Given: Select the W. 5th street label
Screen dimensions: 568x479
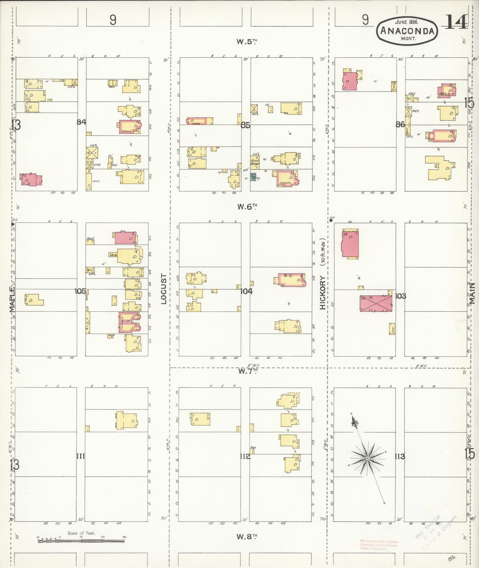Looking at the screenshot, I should [x=246, y=42].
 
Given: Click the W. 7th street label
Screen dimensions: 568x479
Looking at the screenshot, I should [x=247, y=371].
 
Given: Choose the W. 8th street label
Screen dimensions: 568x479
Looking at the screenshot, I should [x=247, y=537].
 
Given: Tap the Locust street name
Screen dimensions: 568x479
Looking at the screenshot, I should [x=164, y=289].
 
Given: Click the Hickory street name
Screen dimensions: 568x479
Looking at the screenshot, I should [x=323, y=292].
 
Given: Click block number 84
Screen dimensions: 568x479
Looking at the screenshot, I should [x=81, y=122].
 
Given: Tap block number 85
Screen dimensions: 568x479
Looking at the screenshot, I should [x=245, y=125].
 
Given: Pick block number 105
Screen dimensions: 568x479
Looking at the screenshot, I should [x=80, y=291].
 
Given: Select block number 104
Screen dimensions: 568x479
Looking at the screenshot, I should [x=246, y=291].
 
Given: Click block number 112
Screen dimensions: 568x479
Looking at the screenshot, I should [x=245, y=456].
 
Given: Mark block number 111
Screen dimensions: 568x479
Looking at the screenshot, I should [x=80, y=456].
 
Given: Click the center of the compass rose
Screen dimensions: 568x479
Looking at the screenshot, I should [x=367, y=459].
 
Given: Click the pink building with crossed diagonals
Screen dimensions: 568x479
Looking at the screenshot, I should [x=376, y=303].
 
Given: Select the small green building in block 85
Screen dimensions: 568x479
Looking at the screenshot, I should [x=253, y=177].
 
